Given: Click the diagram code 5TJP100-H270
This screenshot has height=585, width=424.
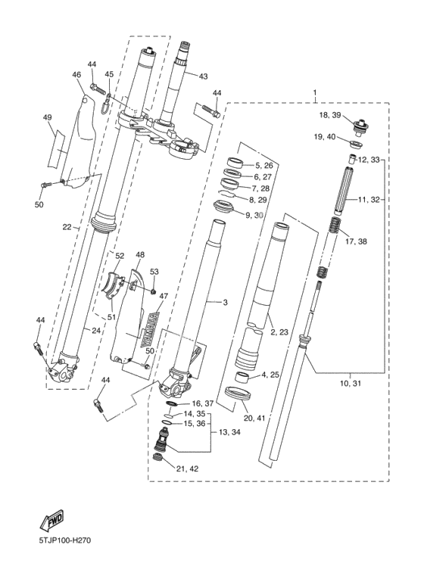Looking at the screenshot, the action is (64, 540).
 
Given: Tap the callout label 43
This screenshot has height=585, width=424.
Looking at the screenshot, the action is (203, 76).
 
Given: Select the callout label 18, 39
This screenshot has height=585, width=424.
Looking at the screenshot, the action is (330, 115).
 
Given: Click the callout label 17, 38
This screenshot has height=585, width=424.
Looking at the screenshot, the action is (356, 241).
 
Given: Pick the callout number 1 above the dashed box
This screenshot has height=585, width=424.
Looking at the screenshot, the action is (315, 92).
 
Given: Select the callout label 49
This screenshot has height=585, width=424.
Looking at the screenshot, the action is (47, 117).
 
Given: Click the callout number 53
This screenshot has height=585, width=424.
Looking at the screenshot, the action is (154, 272).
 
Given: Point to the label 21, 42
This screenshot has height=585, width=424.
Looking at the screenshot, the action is (187, 469).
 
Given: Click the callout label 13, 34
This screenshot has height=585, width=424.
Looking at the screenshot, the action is (229, 432).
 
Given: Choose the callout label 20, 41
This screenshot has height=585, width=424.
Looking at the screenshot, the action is (254, 419).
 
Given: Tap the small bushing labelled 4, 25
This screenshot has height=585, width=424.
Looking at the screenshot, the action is (242, 378).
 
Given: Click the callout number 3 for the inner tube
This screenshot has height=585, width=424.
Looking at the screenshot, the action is (225, 302).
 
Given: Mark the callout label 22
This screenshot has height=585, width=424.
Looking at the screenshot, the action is (67, 227).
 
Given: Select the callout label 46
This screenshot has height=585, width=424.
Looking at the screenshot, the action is (76, 75).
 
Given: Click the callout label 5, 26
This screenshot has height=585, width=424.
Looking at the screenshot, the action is (264, 165).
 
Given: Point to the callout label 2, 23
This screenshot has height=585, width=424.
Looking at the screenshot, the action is (279, 331).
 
